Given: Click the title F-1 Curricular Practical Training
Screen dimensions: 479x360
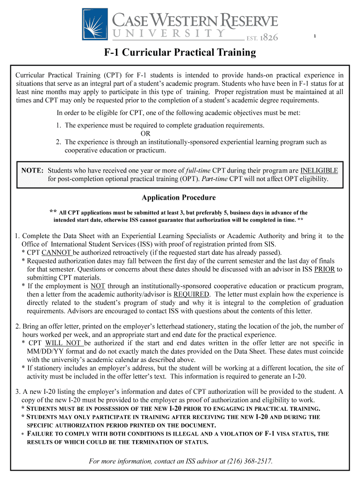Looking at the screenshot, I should click(180, 52).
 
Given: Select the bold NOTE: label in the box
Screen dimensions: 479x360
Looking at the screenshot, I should click(32, 170).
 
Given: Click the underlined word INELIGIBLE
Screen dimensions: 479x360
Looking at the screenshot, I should click(319, 170).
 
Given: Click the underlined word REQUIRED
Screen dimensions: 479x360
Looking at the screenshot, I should click(191, 295).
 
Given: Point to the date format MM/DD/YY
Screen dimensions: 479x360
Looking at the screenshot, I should click(47, 351).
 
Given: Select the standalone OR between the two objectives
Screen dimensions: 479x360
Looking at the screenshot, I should click(145, 133).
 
